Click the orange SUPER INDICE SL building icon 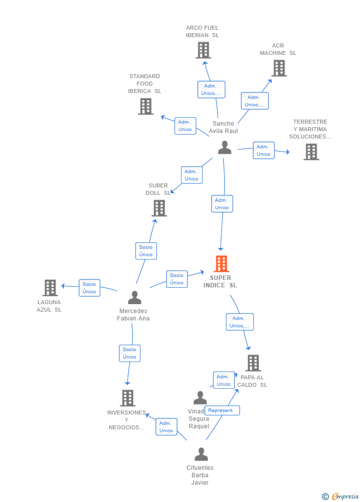pyautogui.click(x=221, y=264)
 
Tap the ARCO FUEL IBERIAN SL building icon pyautogui.click(x=203, y=50)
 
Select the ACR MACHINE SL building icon pyautogui.click(x=279, y=68)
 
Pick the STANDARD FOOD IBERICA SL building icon pyautogui.click(x=145, y=106)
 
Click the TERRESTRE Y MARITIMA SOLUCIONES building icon pyautogui.click(x=311, y=152)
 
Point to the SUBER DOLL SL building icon pyautogui.click(x=159, y=208)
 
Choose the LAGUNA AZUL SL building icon pyautogui.click(x=50, y=288)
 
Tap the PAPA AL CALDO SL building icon pyautogui.click(x=253, y=363)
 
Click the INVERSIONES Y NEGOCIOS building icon pyautogui.click(x=128, y=398)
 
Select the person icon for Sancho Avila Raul pyautogui.click(x=225, y=147)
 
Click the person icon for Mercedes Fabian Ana pyautogui.click(x=135, y=297)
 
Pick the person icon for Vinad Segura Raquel pyautogui.click(x=200, y=398)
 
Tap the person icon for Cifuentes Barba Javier pyautogui.click(x=201, y=454)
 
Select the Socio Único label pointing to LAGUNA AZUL pyautogui.click(x=90, y=288)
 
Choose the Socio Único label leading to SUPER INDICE pyautogui.click(x=177, y=279)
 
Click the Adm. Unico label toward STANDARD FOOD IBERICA pyautogui.click(x=185, y=126)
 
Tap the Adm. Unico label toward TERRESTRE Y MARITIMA pyautogui.click(x=264, y=150)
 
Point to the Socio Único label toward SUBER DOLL pyautogui.click(x=146, y=251)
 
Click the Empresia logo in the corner pyautogui.click(x=341, y=496)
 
